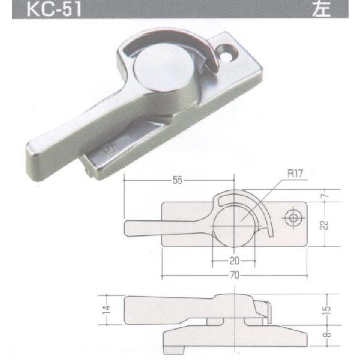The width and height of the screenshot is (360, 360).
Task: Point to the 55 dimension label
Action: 178,178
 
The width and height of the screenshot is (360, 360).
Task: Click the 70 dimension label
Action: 235,275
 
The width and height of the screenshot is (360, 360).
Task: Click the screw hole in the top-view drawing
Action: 293,219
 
